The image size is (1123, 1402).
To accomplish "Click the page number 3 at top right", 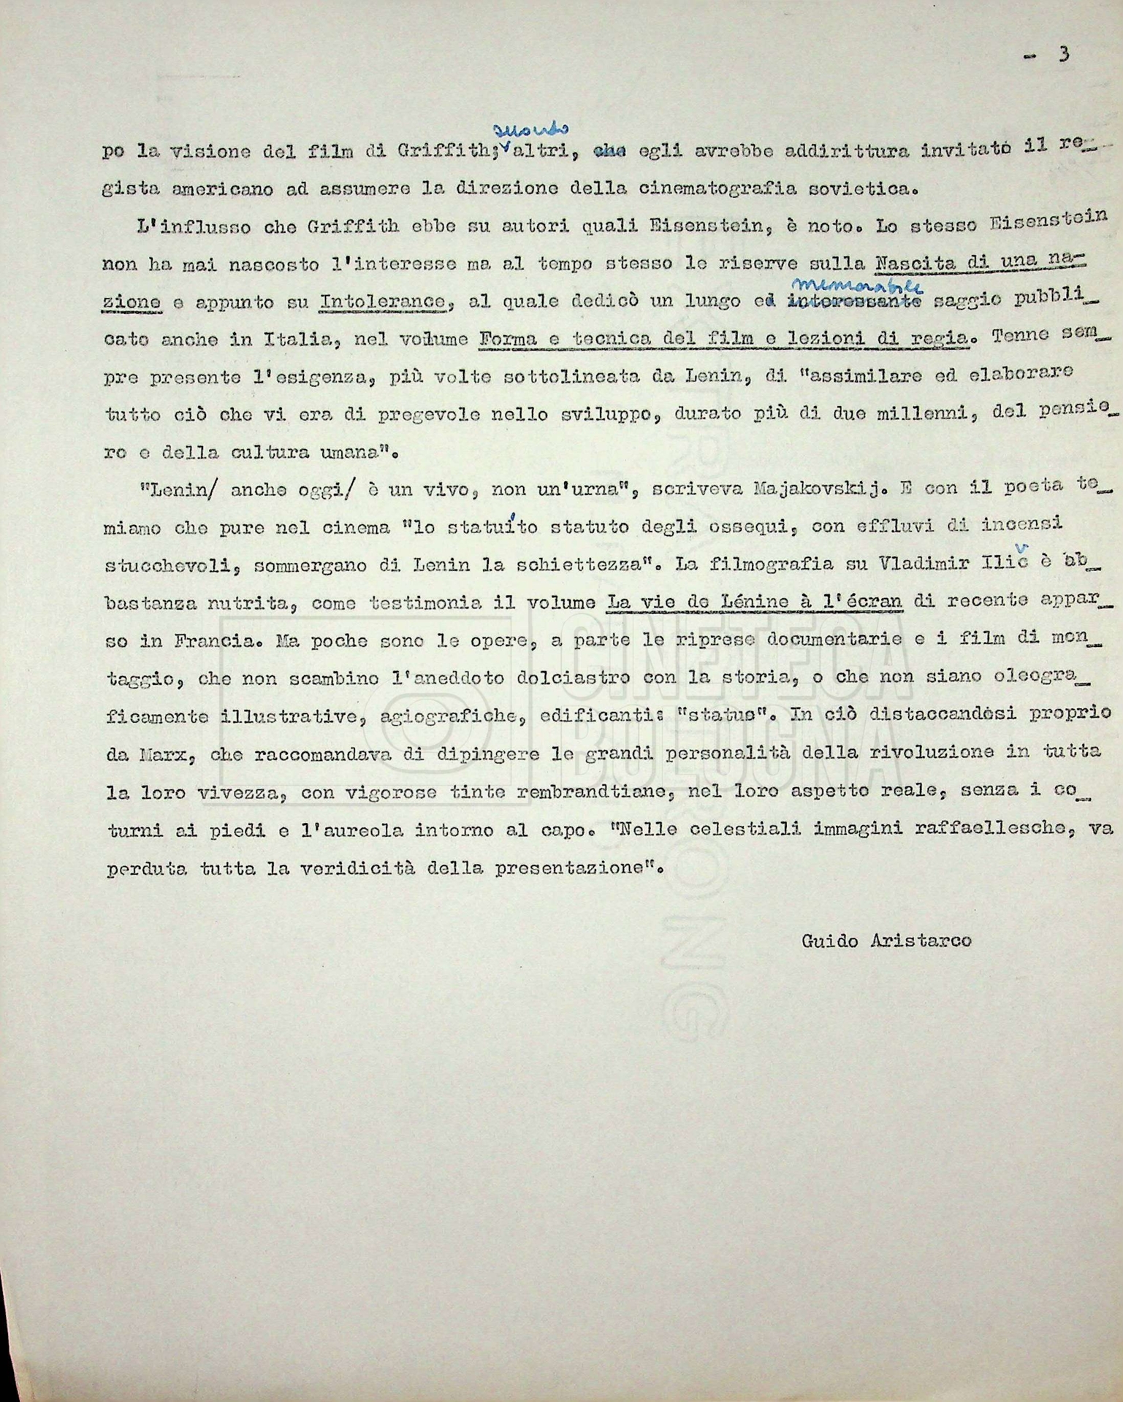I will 1063,55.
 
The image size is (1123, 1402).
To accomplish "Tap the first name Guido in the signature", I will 829,941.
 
